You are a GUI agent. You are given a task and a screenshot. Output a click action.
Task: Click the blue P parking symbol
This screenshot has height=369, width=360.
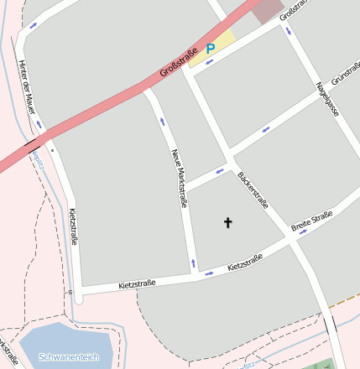click(211, 49)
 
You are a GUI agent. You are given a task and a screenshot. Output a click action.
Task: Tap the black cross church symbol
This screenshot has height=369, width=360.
click(227, 222)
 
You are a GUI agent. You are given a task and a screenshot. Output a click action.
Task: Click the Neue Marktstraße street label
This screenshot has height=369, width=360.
click(179, 177)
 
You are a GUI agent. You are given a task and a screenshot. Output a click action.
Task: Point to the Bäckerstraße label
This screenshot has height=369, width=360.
click(253, 190)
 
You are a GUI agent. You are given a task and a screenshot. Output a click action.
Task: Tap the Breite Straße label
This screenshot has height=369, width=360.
click(311, 221)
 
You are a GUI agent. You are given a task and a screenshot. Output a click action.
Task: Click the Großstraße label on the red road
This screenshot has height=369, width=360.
click(178, 65)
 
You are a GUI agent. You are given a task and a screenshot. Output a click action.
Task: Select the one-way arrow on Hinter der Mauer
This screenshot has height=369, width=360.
click(33, 25)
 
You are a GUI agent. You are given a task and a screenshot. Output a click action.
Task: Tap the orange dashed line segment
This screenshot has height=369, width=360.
click(344, 298)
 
